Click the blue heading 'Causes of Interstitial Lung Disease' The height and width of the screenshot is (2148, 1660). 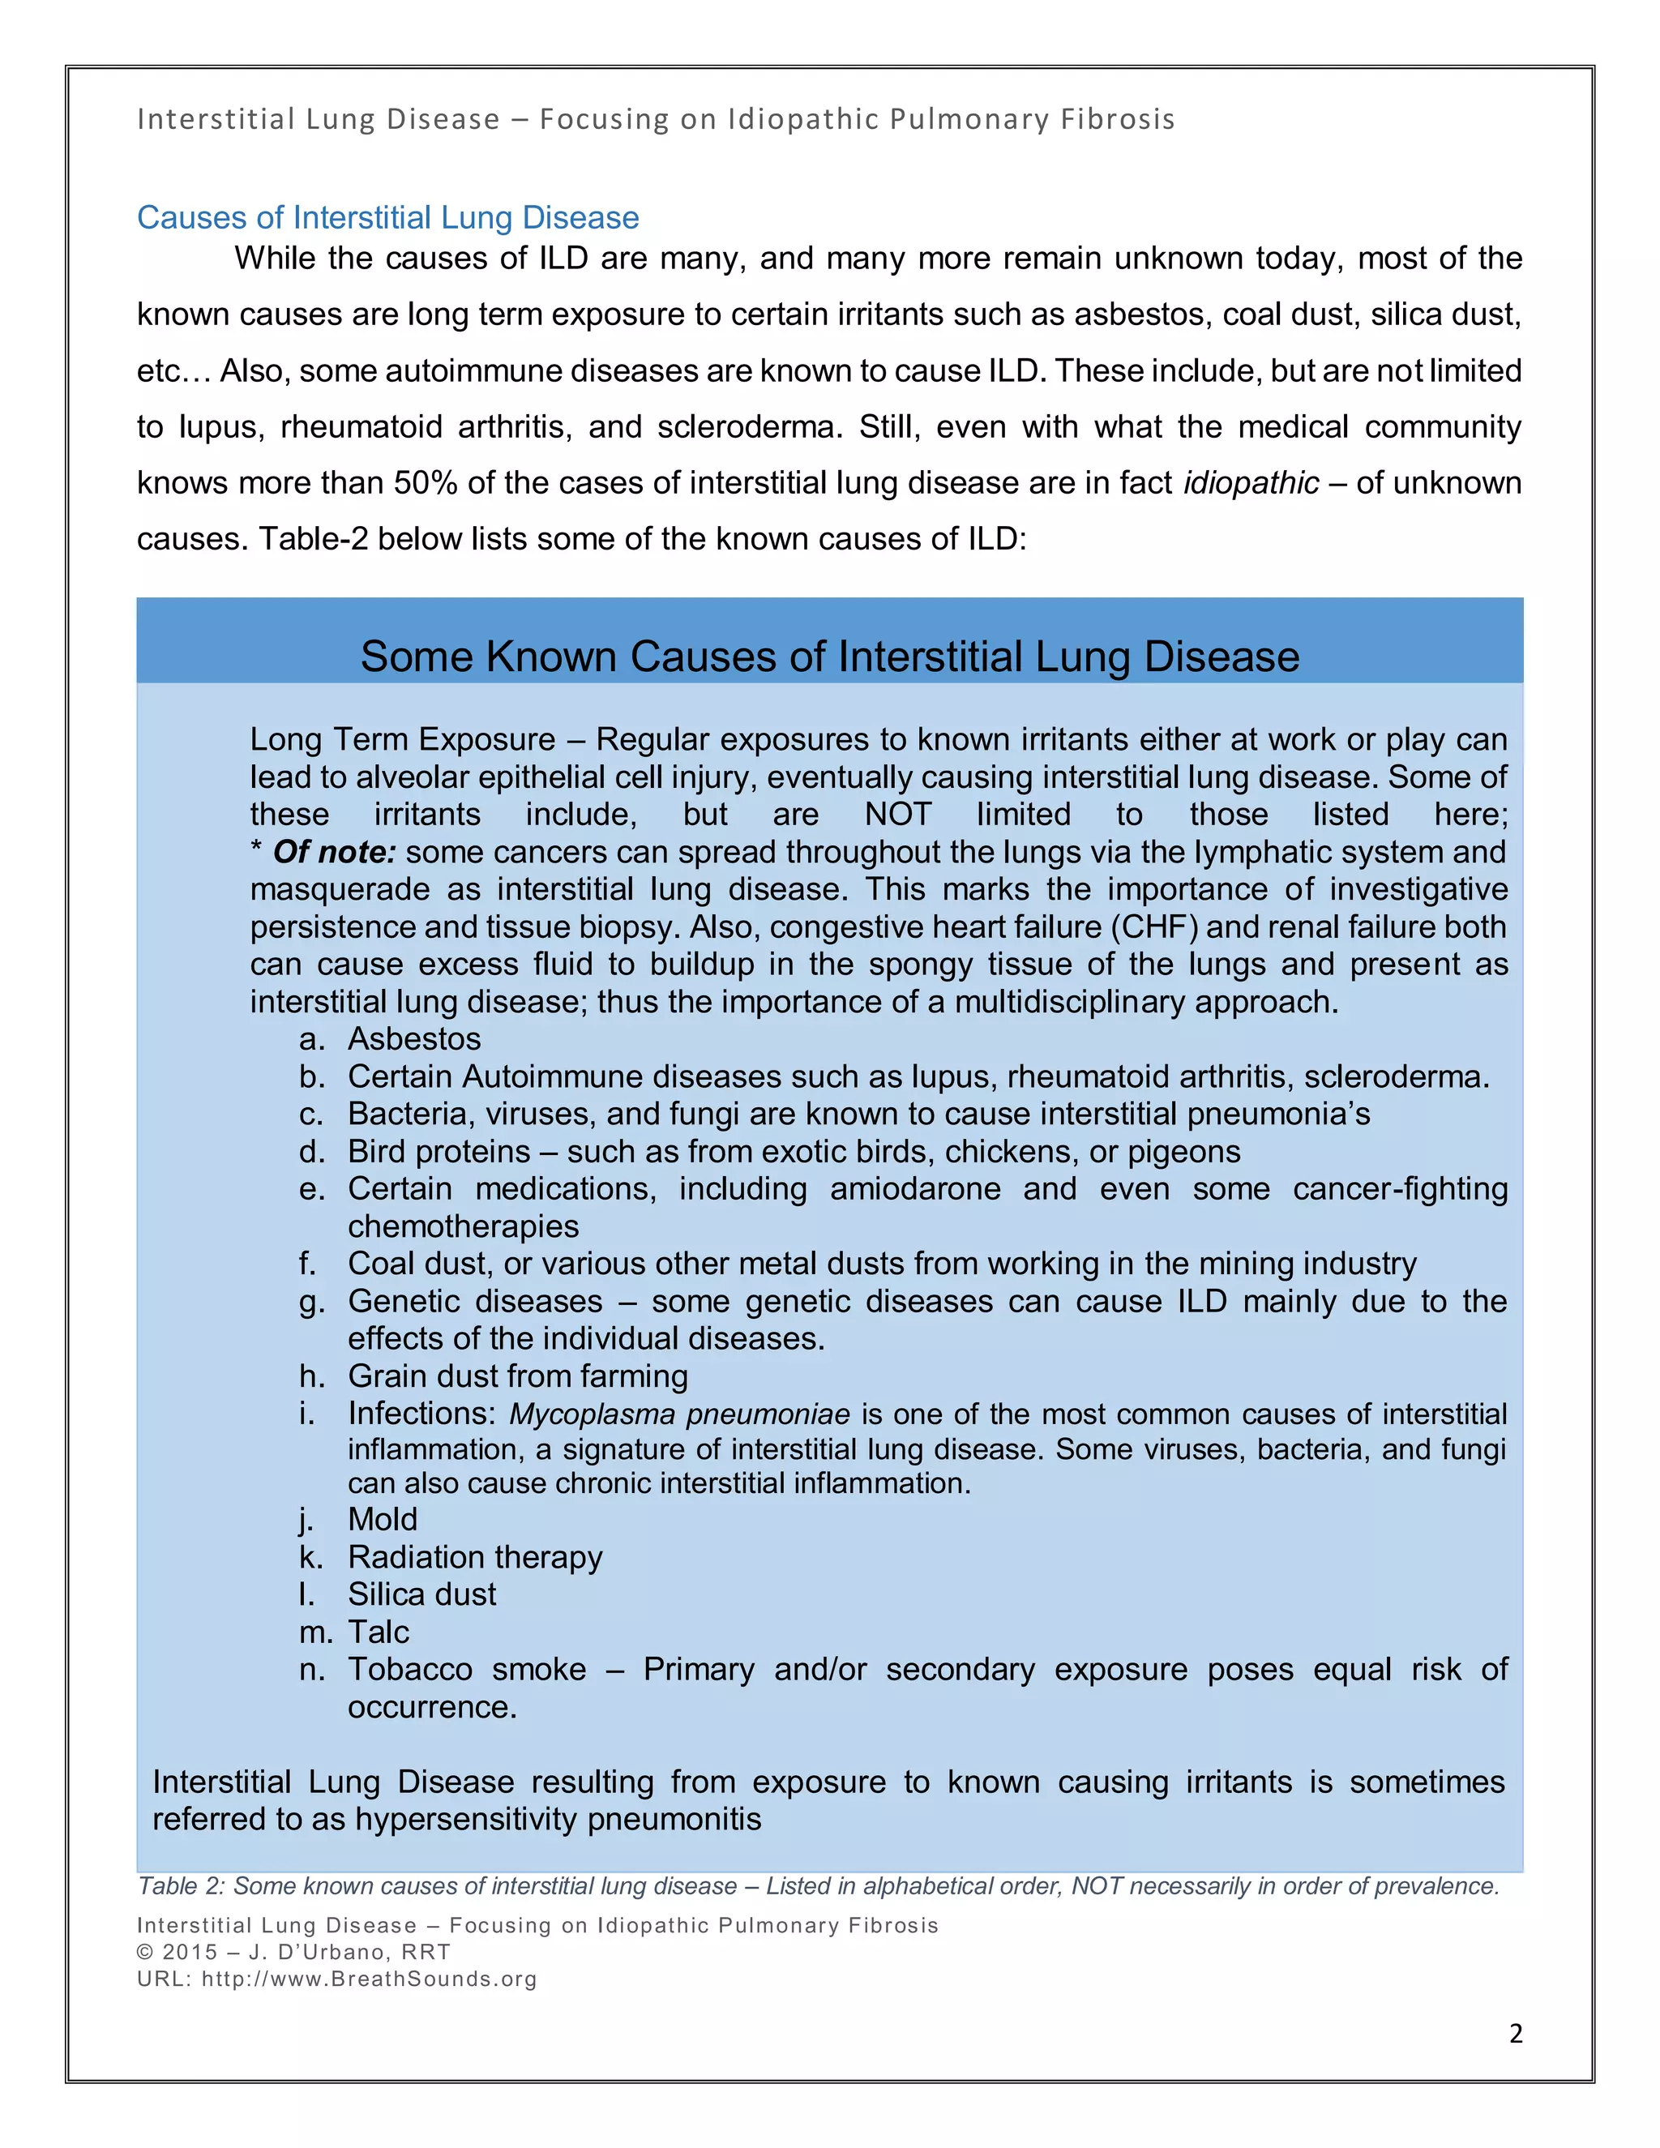(387, 217)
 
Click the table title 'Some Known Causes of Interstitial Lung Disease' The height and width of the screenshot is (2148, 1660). (829, 657)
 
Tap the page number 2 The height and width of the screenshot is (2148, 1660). (1516, 2033)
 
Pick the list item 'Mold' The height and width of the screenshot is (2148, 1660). (383, 1520)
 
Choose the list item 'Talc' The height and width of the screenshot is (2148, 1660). (378, 1632)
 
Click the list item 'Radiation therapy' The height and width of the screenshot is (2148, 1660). (475, 1557)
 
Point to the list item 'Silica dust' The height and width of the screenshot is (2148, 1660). (421, 1594)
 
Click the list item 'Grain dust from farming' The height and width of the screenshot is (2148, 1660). (517, 1376)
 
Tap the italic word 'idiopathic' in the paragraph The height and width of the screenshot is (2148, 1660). (1251, 483)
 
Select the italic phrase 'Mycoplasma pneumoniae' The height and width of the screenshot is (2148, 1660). (678, 1414)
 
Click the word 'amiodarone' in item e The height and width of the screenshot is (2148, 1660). (914, 1189)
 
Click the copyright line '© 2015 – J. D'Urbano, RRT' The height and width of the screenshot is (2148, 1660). (293, 1953)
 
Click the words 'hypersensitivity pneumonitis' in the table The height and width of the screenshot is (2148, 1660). (558, 1820)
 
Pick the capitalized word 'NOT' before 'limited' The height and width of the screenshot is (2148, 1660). (898, 815)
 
